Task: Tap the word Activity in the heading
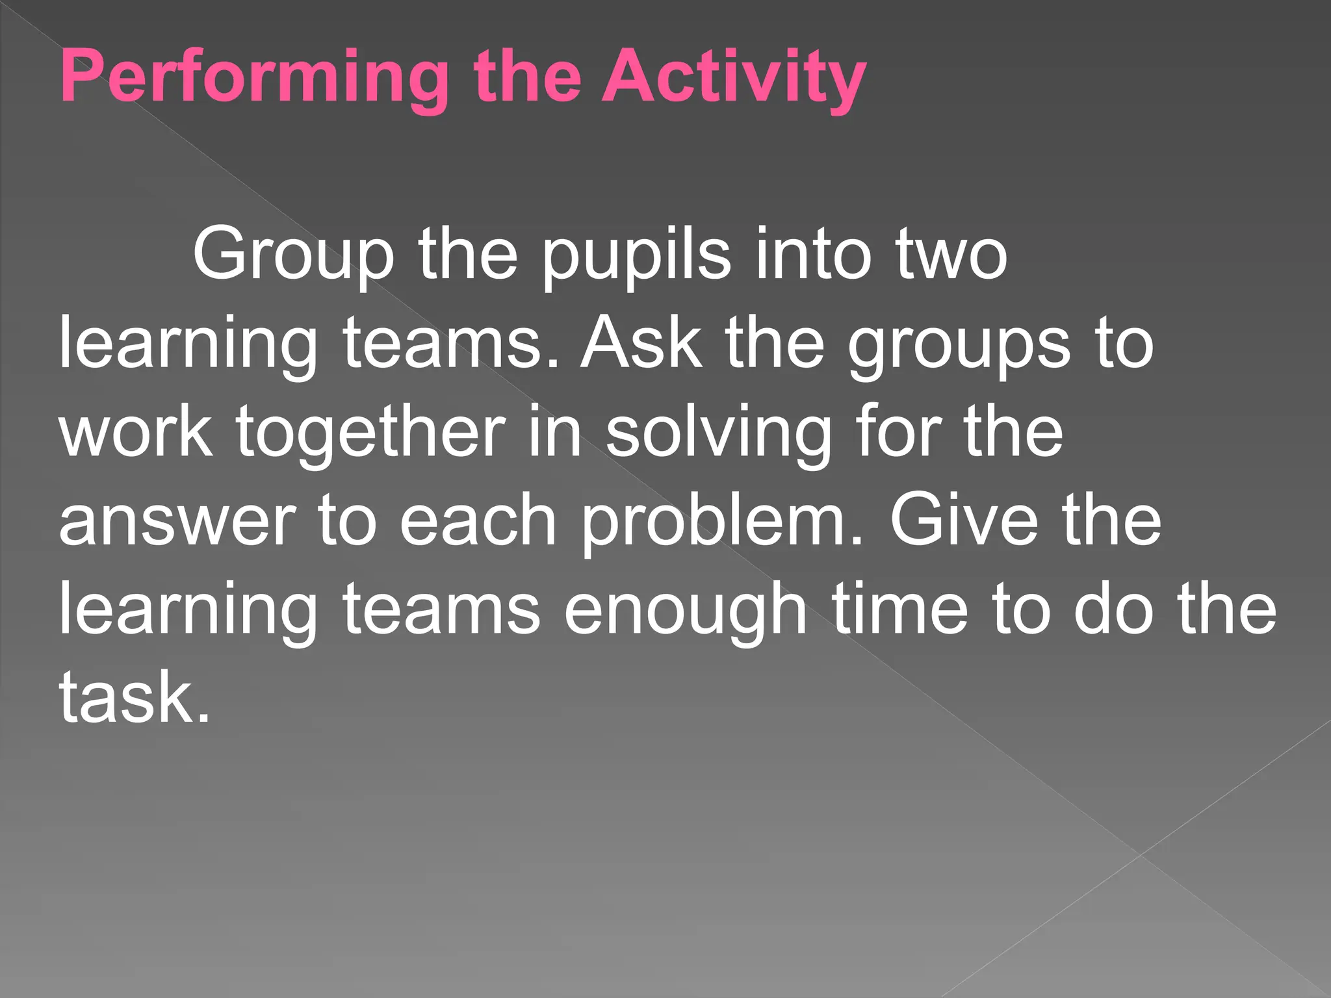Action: (x=734, y=78)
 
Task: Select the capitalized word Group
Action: (x=293, y=254)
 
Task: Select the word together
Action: (x=370, y=431)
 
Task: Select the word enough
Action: (x=685, y=609)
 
